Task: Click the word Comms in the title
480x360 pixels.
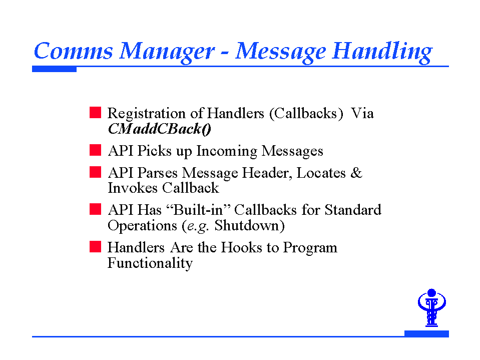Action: [74, 51]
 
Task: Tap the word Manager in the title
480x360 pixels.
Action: [167, 53]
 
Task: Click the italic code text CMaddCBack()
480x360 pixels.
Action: [160, 129]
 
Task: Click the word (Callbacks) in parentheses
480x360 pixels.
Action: [306, 114]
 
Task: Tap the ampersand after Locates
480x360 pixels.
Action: [356, 173]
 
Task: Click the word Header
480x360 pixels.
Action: [266, 174]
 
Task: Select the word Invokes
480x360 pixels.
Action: [133, 188]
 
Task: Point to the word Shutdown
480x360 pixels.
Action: [246, 226]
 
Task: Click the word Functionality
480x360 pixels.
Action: [150, 263]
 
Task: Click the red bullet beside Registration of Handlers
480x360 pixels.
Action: [95, 112]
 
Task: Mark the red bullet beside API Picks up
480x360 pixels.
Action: [95, 150]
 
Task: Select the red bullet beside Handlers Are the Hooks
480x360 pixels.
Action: [95, 246]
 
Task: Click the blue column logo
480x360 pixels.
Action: [431, 307]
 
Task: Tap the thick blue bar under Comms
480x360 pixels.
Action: [54, 69]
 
